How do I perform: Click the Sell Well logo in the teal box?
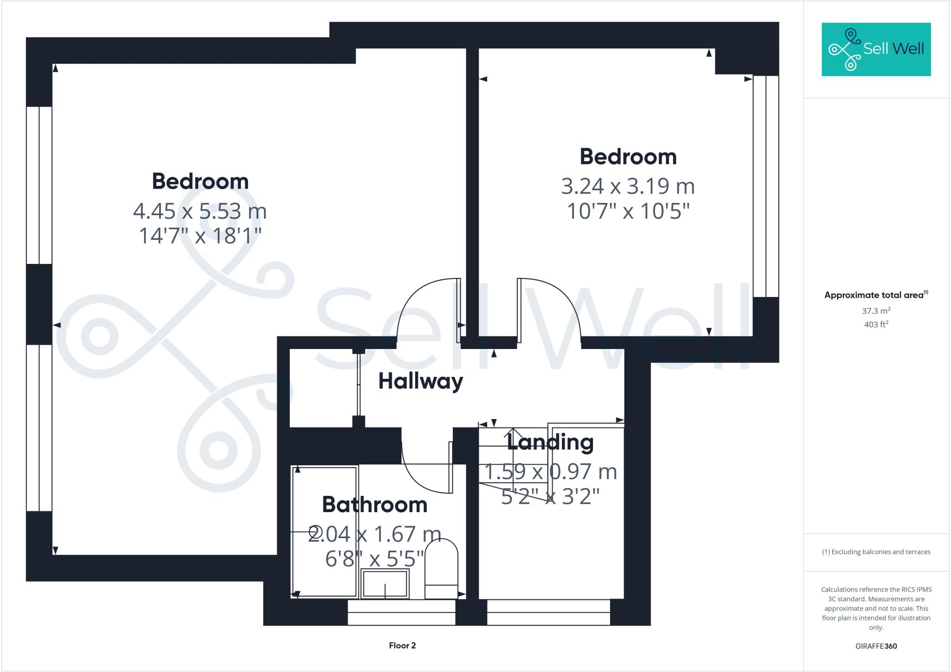(x=876, y=49)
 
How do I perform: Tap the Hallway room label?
(x=420, y=382)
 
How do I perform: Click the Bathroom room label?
(x=374, y=505)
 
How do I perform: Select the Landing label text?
(x=550, y=442)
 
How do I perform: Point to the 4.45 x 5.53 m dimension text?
(x=200, y=211)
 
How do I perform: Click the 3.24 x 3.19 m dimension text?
(x=628, y=186)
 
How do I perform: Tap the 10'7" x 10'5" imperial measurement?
(x=628, y=211)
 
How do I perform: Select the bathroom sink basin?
(x=385, y=584)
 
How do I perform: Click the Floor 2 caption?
(x=402, y=646)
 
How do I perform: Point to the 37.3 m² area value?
(x=876, y=311)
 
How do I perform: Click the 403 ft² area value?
(x=876, y=324)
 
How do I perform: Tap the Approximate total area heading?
(x=876, y=295)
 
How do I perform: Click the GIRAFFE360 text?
(x=876, y=646)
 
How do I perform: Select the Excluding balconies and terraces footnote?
(x=876, y=552)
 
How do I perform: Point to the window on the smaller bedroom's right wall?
(x=765, y=186)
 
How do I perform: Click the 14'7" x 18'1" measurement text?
(x=200, y=236)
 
